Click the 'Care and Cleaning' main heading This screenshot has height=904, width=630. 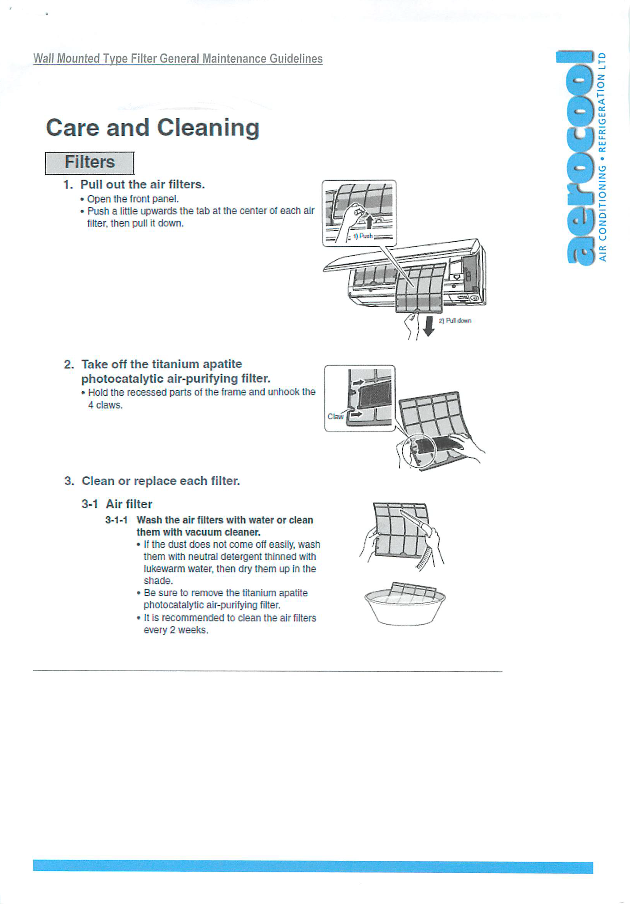tap(153, 128)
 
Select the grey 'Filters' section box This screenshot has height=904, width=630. tap(90, 163)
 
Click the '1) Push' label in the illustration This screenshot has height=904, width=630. tap(363, 236)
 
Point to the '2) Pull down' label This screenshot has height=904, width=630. tap(454, 321)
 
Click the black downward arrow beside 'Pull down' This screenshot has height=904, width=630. tap(430, 326)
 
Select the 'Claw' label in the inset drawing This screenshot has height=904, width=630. tap(336, 417)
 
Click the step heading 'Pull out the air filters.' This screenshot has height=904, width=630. tap(143, 184)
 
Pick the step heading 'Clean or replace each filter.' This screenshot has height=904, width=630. tap(161, 481)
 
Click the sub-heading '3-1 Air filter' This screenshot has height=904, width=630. tap(117, 504)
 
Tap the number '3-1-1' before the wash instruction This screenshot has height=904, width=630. tap(116, 520)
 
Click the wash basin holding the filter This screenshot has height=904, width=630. tap(405, 607)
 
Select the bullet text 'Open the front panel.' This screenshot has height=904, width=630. tap(133, 199)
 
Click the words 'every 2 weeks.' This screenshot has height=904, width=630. tap(176, 630)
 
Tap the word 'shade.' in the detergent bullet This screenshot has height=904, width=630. tap(158, 581)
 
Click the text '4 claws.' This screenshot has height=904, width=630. tap(105, 405)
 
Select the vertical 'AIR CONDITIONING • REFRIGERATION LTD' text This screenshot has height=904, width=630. tap(602, 157)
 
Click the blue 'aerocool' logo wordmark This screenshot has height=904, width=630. tap(579, 158)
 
